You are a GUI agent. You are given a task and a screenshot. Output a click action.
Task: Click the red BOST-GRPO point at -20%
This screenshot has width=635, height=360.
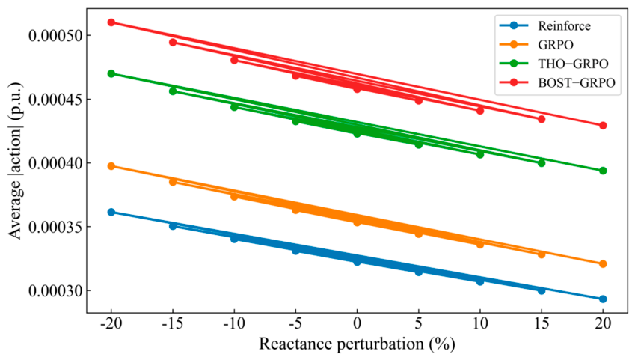[111, 22]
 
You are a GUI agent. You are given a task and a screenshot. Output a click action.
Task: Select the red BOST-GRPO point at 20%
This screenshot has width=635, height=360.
[603, 126]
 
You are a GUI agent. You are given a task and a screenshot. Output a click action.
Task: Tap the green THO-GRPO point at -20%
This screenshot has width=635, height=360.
[111, 74]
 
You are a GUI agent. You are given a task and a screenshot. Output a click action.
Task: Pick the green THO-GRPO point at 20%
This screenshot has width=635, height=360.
[603, 171]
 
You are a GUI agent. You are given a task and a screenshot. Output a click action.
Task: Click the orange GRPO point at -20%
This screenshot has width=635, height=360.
[111, 166]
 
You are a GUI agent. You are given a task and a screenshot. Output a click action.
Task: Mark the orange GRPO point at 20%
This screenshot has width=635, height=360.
[603, 264]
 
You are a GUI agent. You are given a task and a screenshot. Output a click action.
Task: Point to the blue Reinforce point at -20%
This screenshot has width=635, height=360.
[111, 212]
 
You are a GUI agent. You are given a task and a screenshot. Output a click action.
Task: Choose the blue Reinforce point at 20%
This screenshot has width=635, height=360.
[603, 299]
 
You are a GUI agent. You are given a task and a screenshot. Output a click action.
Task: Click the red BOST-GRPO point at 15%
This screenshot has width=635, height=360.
[542, 119]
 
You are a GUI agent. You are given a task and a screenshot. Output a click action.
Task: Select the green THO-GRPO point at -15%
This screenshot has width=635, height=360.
[173, 91]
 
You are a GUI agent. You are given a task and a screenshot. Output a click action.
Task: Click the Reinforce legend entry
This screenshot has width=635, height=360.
[545, 26]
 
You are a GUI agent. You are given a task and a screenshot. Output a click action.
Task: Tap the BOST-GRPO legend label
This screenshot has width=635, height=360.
[576, 82]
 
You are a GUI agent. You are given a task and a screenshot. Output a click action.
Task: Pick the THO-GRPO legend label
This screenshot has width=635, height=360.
[573, 64]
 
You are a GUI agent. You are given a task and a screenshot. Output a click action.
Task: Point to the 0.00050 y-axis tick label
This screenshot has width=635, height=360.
[55, 36]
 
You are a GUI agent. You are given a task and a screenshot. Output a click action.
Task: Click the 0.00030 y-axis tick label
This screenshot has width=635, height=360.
[55, 290]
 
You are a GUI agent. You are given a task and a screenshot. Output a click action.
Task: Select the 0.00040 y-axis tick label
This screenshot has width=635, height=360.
[55, 163]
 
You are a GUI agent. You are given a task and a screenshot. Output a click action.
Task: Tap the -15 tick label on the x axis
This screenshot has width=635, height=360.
[173, 323]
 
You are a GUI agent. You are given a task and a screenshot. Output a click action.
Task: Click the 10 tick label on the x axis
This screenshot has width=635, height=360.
[480, 323]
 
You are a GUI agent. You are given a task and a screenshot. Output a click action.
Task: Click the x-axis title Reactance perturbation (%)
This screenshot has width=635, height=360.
[357, 344]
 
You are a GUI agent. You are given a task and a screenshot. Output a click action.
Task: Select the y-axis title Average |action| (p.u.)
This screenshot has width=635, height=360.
[15, 161]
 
